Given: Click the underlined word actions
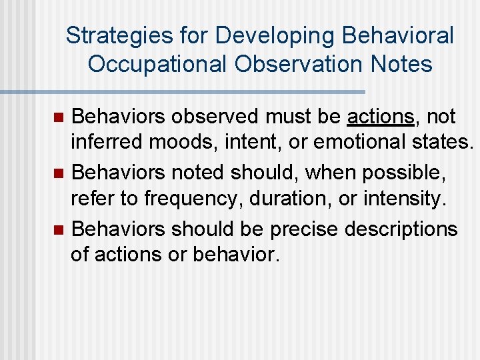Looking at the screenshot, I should tap(381, 117).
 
